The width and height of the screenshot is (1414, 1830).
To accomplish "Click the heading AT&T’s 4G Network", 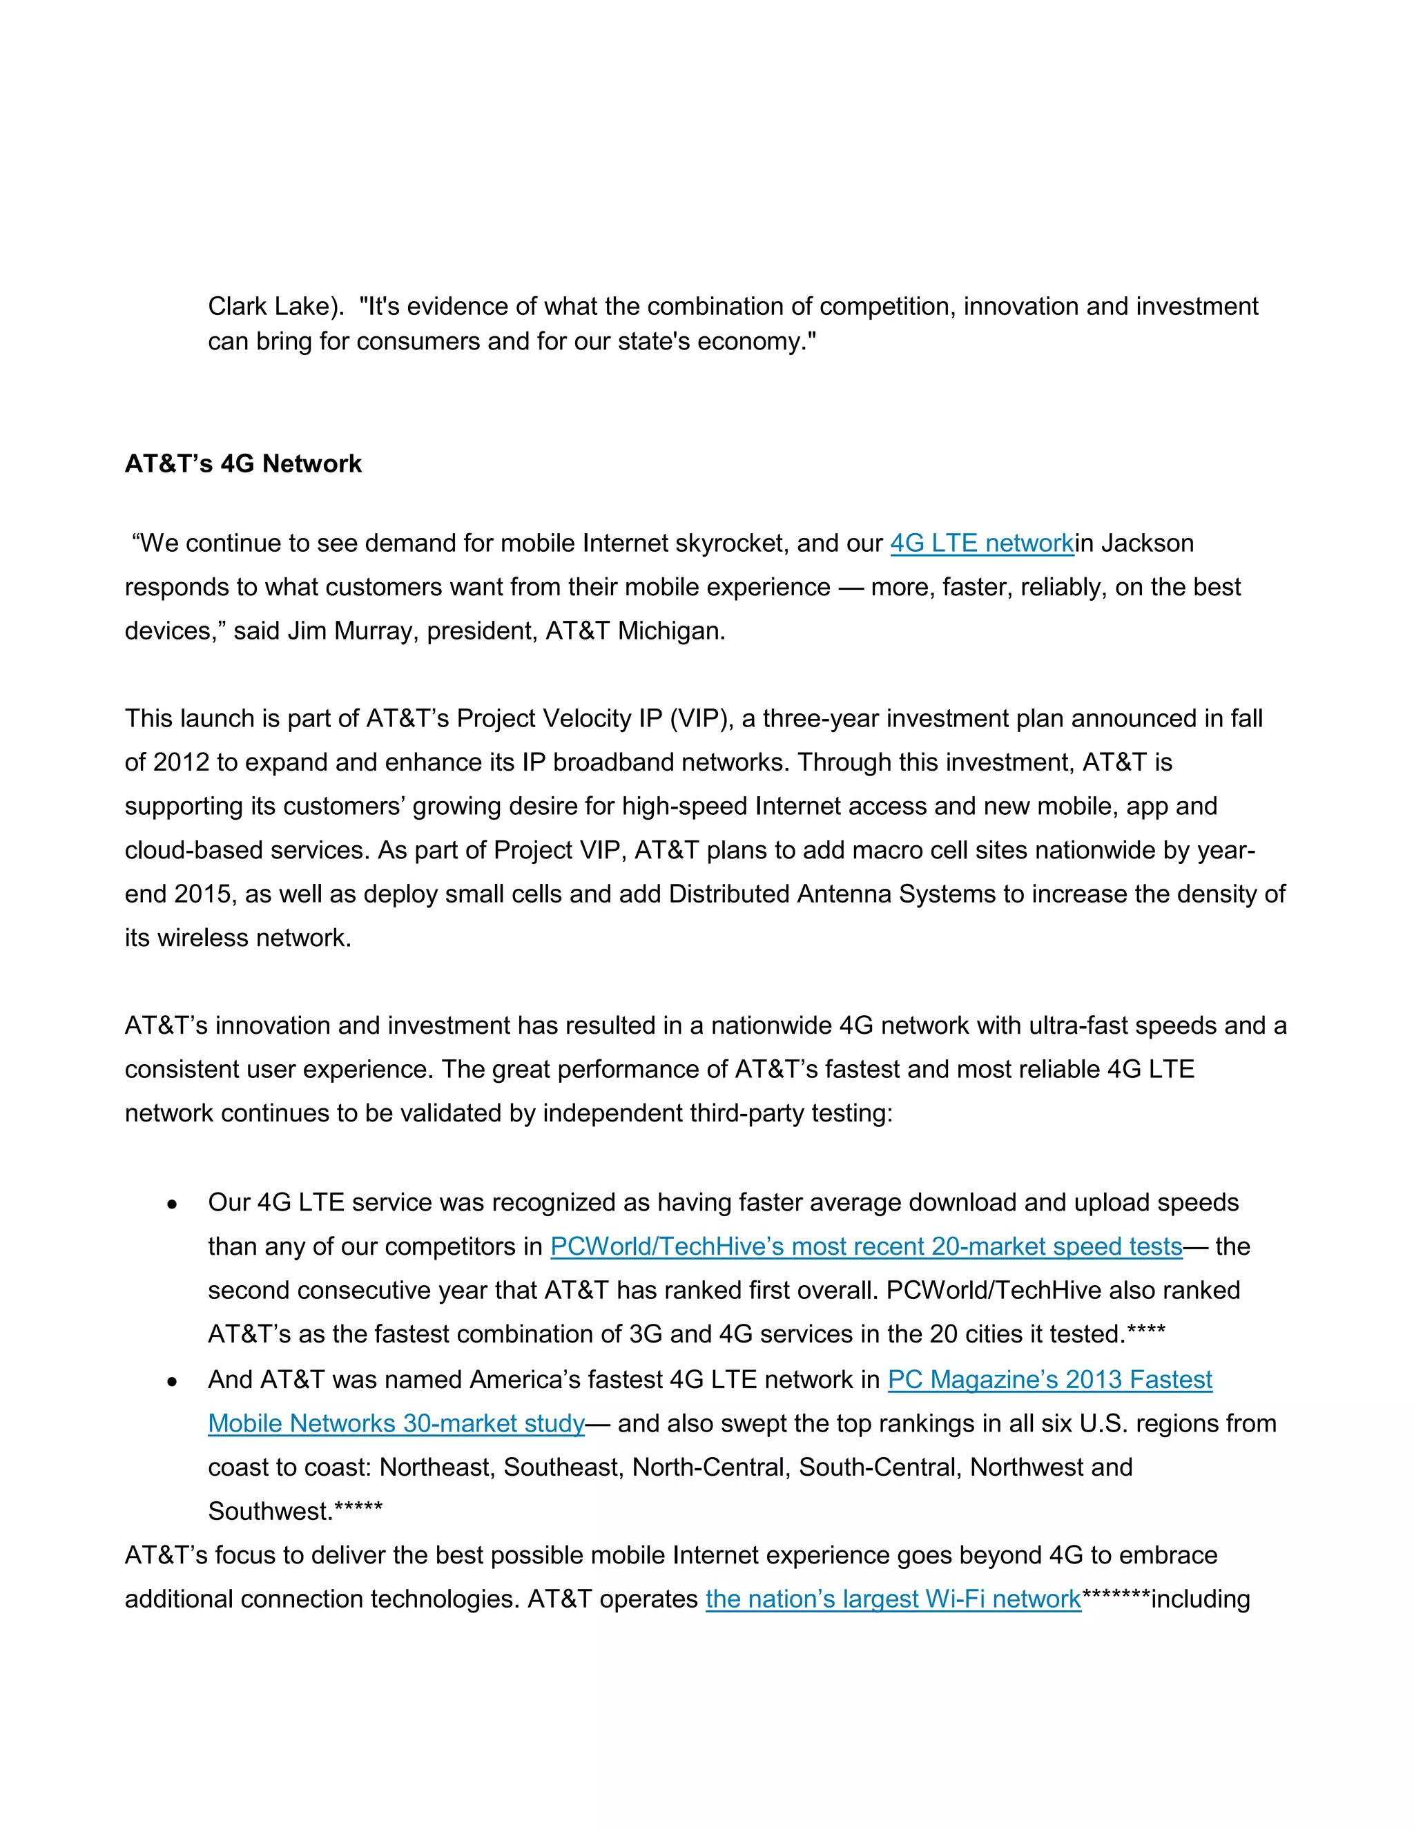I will click(243, 463).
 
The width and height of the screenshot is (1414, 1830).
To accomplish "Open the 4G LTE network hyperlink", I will click(981, 543).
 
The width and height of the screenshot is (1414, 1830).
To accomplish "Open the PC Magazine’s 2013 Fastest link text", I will click(1049, 1379).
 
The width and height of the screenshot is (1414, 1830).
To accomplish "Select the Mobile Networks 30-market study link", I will click(396, 1424).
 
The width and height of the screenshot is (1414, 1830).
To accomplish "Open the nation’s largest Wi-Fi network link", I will click(893, 1599).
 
